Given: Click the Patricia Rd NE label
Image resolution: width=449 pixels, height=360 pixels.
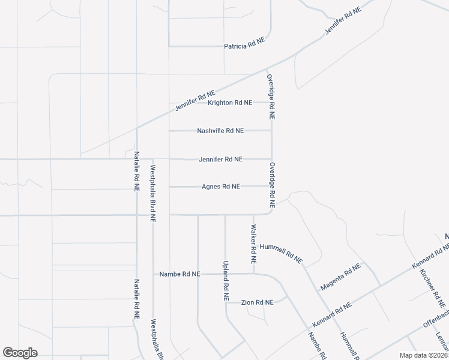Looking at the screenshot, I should (244, 46).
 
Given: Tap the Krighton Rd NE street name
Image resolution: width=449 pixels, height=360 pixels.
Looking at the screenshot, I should (229, 103).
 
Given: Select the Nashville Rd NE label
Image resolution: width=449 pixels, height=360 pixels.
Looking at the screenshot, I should (220, 131).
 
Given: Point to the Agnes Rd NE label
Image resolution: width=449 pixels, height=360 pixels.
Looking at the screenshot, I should (221, 187).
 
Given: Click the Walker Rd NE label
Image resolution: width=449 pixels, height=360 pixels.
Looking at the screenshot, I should (254, 245).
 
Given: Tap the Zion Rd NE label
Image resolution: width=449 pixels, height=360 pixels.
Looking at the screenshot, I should (258, 302).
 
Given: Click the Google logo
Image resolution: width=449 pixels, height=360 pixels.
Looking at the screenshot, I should (20, 353).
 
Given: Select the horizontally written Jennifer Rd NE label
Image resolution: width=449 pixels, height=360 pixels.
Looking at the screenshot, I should (221, 159).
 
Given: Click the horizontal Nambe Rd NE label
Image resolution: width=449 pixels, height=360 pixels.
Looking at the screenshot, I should (179, 274).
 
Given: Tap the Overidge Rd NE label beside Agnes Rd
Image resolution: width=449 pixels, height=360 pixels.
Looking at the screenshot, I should (272, 185).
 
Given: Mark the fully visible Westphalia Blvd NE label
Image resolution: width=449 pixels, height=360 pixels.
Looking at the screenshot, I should (153, 194).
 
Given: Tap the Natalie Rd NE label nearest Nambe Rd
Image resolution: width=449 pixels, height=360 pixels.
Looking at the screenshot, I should (137, 298).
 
